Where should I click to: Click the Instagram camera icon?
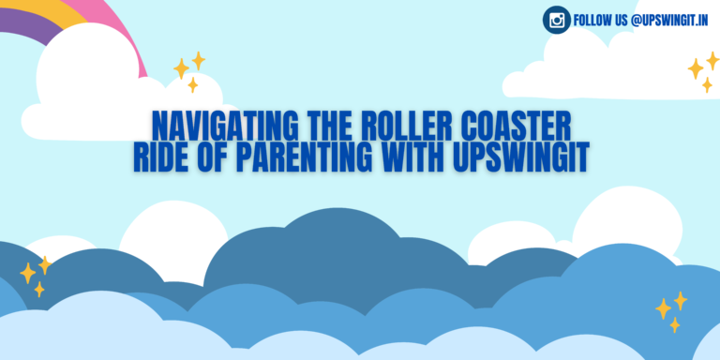pyautogui.click(x=557, y=19)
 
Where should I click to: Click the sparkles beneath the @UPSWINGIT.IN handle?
pyautogui.click(x=701, y=70)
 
